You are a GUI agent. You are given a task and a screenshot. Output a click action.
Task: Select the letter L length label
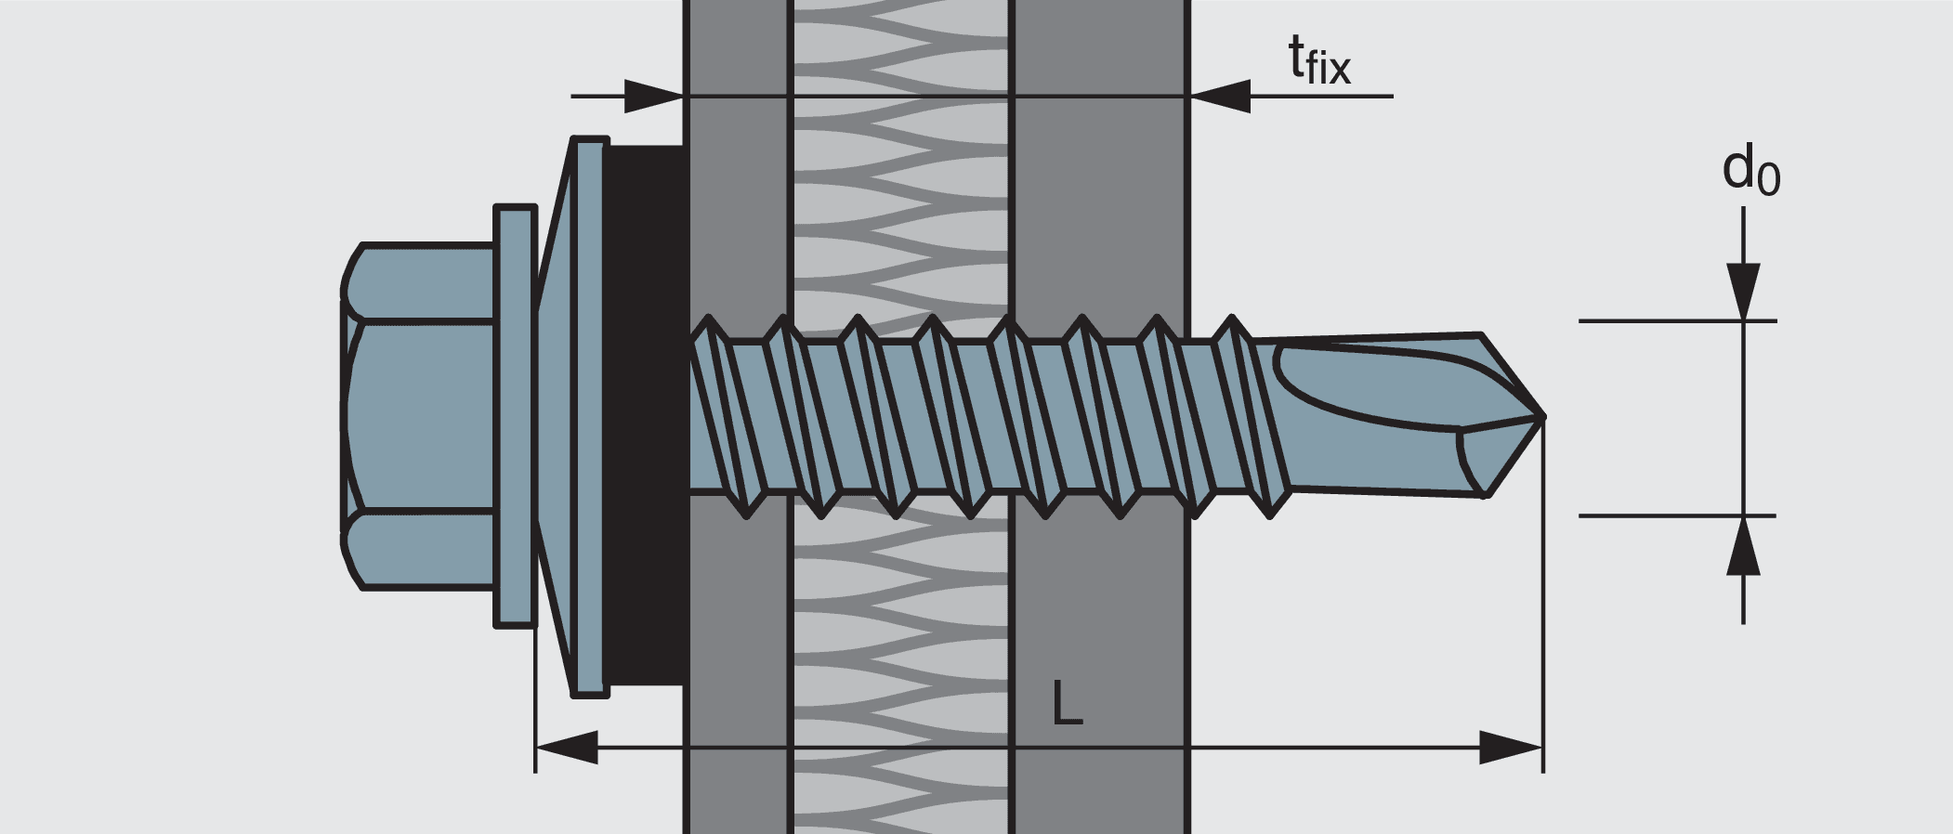point(1068,703)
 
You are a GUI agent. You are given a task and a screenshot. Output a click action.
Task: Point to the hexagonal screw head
point(418,417)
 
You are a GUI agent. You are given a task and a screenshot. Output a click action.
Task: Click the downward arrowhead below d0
point(1743,292)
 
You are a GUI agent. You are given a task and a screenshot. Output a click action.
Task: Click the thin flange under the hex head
point(515,417)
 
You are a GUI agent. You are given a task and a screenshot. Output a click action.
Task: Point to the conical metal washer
point(571,417)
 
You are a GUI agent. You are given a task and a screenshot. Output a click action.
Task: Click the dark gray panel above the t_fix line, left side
point(736,46)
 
